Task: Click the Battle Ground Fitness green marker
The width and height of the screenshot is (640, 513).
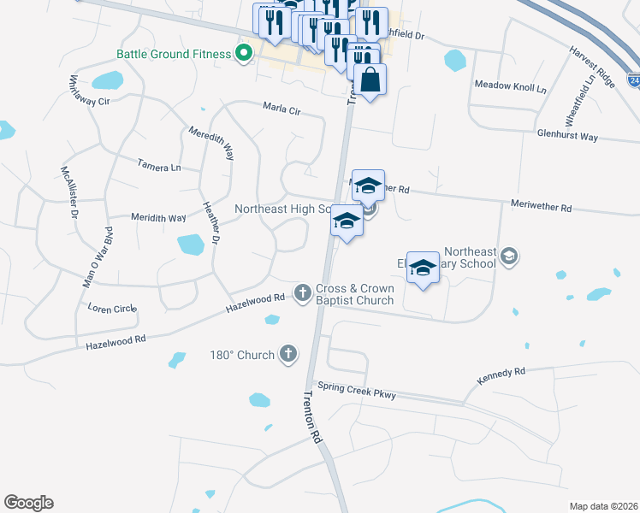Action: [244, 54]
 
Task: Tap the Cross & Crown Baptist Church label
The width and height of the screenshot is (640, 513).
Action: [354, 294]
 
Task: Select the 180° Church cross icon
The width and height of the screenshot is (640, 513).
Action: [289, 354]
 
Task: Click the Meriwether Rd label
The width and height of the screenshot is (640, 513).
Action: [540, 206]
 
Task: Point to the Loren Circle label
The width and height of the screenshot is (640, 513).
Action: [112, 307]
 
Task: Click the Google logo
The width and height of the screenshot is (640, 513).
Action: [28, 503]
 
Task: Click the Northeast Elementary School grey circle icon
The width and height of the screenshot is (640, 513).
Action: [509, 256]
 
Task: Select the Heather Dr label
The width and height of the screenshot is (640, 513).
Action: [211, 226]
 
